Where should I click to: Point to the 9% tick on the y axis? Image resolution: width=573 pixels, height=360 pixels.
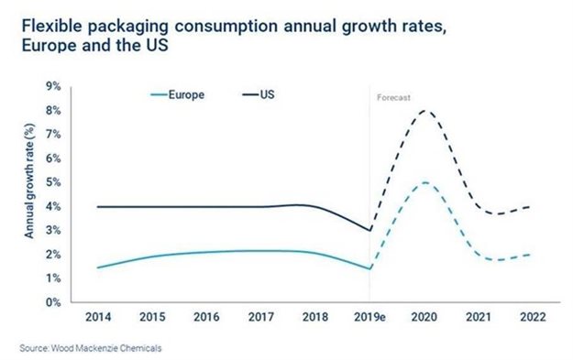coord(54,87)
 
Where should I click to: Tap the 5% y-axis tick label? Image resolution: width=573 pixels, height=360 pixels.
coord(54,182)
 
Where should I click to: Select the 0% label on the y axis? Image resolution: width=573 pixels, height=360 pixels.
coord(54,302)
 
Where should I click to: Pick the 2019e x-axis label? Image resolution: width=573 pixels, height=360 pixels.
coord(369,317)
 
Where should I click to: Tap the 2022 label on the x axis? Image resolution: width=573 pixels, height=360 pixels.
coord(533,317)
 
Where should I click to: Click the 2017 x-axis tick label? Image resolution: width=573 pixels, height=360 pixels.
coord(260,317)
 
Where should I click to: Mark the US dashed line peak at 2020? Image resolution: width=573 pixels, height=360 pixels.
coord(424,111)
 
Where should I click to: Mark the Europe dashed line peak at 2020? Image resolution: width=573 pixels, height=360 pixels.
coord(424,182)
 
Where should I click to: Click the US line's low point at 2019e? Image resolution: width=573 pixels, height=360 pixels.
coord(369,230)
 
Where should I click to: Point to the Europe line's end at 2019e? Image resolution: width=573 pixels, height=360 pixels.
coord(369,268)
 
